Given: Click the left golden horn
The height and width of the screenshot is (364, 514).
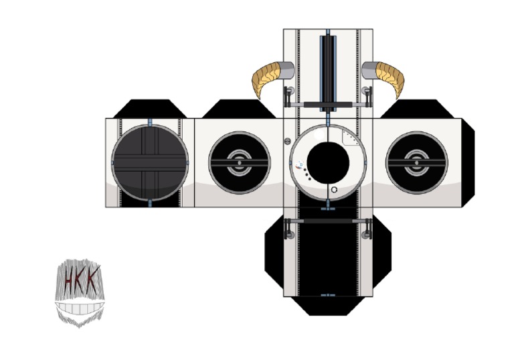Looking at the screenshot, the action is tap(265, 76).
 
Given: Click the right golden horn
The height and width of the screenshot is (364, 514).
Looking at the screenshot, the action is tap(391, 76).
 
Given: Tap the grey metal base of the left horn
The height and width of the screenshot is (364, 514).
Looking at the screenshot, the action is tap(288, 70).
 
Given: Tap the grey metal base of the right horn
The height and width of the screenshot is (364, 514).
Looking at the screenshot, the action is tap(369, 70).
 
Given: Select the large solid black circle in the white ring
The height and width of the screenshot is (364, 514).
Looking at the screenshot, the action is tap(328, 163).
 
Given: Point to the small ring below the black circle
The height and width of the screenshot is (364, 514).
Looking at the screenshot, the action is tap(334, 190).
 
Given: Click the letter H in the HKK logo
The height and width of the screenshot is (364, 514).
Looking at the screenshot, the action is tap(68, 280).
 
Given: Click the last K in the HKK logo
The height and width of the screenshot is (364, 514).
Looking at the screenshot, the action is tap(92, 279).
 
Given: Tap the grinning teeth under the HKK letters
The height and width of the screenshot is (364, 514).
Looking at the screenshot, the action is tap(80, 308).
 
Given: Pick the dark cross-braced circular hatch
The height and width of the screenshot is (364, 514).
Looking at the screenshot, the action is tap(150, 163).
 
